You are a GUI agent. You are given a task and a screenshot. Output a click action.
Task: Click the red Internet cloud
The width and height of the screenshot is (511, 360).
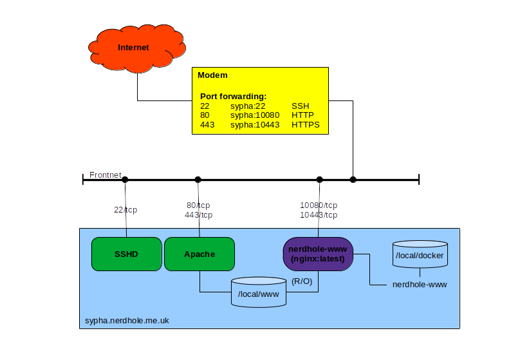click(134, 48)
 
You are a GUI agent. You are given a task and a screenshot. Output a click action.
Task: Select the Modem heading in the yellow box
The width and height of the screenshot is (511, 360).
click(212, 75)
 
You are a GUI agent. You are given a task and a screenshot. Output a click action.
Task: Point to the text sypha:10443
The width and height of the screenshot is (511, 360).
click(255, 125)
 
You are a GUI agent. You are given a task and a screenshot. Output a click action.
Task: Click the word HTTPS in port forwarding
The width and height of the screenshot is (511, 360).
click(306, 125)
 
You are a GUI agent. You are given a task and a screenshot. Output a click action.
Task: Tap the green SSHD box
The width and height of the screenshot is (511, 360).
click(126, 254)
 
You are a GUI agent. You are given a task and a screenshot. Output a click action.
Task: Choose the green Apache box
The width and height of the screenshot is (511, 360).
click(200, 254)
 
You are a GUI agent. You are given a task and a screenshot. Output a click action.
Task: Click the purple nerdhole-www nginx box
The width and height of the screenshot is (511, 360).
click(319, 254)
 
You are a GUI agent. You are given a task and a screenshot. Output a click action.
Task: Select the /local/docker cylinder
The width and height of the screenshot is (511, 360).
click(419, 256)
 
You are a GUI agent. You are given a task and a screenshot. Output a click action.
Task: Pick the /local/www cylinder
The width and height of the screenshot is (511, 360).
click(259, 294)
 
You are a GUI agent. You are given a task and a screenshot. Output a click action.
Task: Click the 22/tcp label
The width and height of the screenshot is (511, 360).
click(125, 209)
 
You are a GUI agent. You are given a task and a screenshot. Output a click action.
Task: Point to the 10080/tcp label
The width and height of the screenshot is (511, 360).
click(319, 205)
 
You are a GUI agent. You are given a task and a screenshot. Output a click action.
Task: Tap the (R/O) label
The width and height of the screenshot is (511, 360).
click(302, 281)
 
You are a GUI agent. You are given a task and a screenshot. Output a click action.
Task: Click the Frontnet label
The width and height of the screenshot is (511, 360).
click(106, 175)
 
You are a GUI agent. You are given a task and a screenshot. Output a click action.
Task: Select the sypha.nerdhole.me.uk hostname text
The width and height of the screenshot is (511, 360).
click(127, 320)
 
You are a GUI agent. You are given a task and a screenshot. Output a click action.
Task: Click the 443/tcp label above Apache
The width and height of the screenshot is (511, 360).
click(198, 215)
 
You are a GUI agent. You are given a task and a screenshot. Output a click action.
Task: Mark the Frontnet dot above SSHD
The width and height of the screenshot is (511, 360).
click(125, 180)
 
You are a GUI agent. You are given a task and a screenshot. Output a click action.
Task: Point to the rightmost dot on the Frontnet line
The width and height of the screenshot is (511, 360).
click(353, 180)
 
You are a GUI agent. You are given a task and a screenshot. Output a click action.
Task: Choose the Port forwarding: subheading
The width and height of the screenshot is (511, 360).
click(233, 96)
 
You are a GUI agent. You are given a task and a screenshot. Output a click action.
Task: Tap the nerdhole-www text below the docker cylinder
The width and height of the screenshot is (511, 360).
click(419, 284)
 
